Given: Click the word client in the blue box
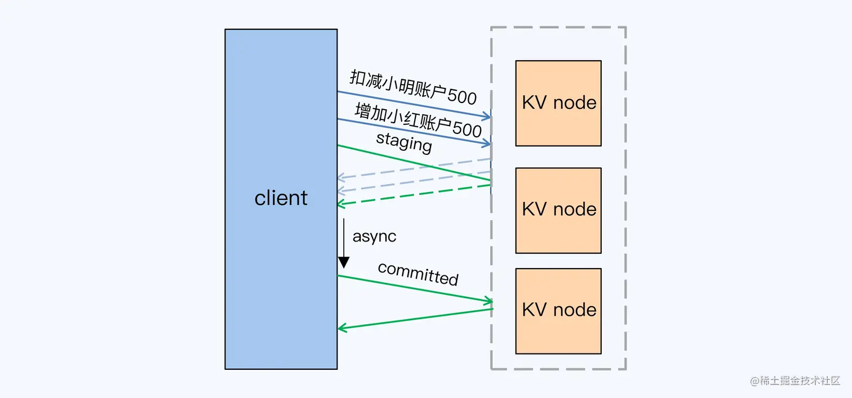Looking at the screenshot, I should coord(281,198).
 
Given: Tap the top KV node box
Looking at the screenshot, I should coord(558,103).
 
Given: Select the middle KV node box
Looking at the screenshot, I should coord(558,210).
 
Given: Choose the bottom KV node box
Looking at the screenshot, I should coord(558,311).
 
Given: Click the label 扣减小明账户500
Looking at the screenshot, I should coord(413,87).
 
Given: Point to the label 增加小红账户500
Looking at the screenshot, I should coord(418,120).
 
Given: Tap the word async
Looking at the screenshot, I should coord(374,236).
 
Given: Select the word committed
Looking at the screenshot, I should coord(418,274).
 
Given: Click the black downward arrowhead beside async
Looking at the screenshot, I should coord(344,262).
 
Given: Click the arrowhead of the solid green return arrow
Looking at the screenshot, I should coord(340,328).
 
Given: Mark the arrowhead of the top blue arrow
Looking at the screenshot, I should coord(488,117).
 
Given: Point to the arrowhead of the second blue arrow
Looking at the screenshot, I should coord(488,144).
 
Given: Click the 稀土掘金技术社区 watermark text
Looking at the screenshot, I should coord(800,381).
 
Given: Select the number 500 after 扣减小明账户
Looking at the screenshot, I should coord(463,97).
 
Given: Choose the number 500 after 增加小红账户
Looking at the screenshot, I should coord(468,131).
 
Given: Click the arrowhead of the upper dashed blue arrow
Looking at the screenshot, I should coord(340,178).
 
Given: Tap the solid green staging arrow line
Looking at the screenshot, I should coord(414,163).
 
